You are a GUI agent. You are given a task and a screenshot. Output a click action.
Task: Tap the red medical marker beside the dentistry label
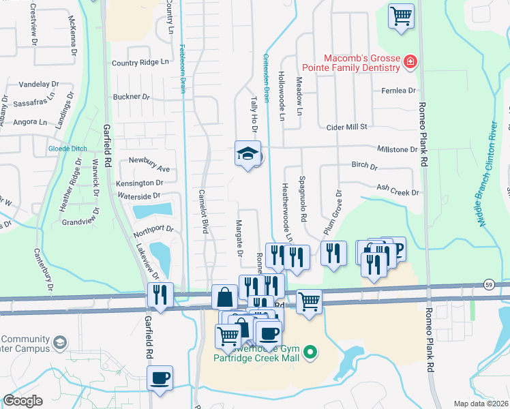[410, 63]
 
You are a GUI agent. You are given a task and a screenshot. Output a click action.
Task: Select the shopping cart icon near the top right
[401, 15]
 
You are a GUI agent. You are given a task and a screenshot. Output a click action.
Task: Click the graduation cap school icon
[247, 154]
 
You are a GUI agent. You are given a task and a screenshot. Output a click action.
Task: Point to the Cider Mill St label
[347, 127]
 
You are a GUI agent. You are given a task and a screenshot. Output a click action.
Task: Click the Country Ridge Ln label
[140, 63]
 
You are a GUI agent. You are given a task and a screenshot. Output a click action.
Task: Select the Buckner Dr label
[131, 97]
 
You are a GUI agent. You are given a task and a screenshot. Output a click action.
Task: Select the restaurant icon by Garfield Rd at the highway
[160, 295]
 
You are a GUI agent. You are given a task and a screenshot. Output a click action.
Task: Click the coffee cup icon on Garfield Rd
[160, 378]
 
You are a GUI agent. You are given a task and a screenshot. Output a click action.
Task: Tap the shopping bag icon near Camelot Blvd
[224, 297]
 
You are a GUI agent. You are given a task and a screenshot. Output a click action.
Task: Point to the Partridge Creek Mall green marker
[311, 352]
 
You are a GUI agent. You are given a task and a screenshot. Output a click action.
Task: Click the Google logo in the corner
[23, 401]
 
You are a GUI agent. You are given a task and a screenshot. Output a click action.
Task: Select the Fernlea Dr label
[398, 91]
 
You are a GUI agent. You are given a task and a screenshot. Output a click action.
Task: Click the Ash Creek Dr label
[397, 193]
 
